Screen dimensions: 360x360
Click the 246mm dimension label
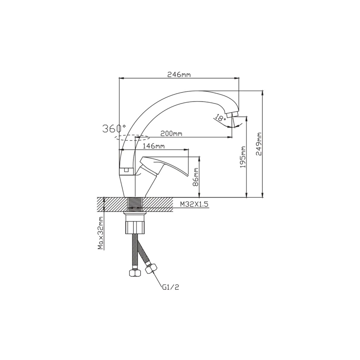pos(179,75)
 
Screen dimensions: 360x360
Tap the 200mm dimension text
pos(171,134)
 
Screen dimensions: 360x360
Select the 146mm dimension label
pos(154,146)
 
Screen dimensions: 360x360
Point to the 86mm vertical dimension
pos(195,177)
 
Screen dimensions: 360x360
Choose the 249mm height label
pos(258,144)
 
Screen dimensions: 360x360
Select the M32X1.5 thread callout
pos(194,204)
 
